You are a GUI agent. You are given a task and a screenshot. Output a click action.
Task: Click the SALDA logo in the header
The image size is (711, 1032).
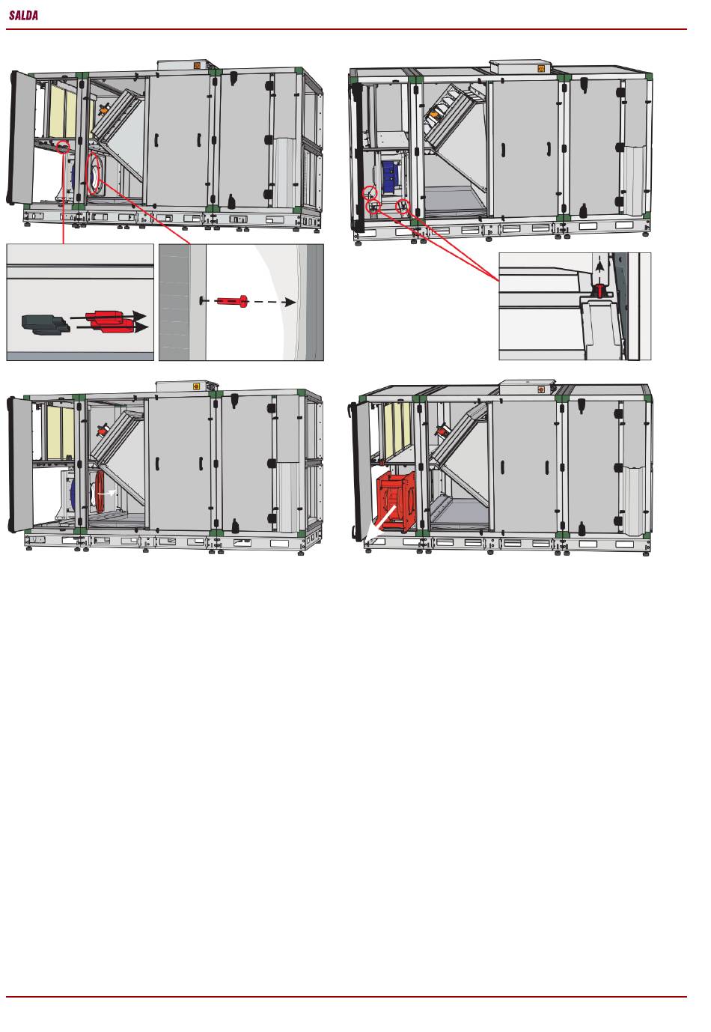[23, 15]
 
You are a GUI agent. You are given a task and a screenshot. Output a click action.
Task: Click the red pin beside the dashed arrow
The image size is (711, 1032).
[232, 302]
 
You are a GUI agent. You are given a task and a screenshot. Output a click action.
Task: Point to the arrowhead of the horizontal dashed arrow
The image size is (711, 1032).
[289, 303]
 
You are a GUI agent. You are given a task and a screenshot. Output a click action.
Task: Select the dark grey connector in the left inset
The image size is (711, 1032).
[45, 324]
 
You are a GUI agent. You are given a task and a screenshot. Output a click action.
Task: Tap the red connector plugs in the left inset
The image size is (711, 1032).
[109, 321]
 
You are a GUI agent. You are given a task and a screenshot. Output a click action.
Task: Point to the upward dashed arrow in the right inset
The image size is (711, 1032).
[599, 270]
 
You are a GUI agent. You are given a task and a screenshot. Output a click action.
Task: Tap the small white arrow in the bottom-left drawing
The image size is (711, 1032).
[107, 493]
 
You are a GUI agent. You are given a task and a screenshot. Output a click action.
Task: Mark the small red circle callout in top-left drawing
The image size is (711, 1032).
[63, 147]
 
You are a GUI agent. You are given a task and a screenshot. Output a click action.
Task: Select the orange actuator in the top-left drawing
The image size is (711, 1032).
[105, 110]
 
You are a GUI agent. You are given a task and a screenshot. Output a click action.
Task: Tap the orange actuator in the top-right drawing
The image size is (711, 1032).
[434, 112]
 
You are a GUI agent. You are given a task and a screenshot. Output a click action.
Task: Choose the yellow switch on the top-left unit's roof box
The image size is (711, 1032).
[198, 66]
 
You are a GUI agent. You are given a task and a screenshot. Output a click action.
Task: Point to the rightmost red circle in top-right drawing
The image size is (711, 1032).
[403, 207]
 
